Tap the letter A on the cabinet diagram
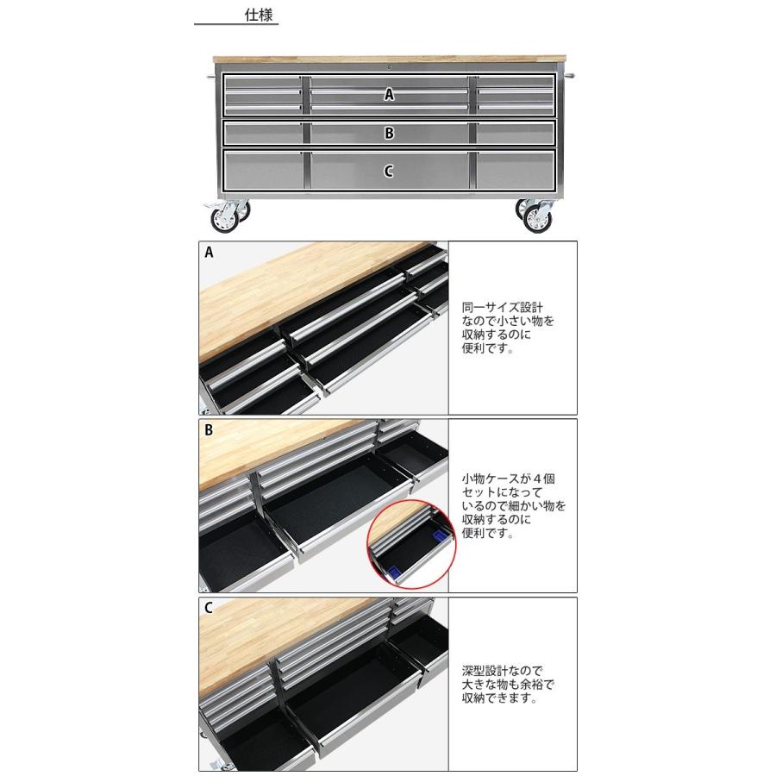click(389, 96)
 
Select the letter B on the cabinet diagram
click(389, 134)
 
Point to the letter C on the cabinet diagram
click(389, 171)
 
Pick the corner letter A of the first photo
click(209, 253)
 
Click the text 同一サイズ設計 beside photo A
click(503, 306)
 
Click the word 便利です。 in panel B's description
click(487, 534)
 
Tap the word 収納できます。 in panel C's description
click(500, 699)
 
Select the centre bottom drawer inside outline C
click(389, 172)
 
